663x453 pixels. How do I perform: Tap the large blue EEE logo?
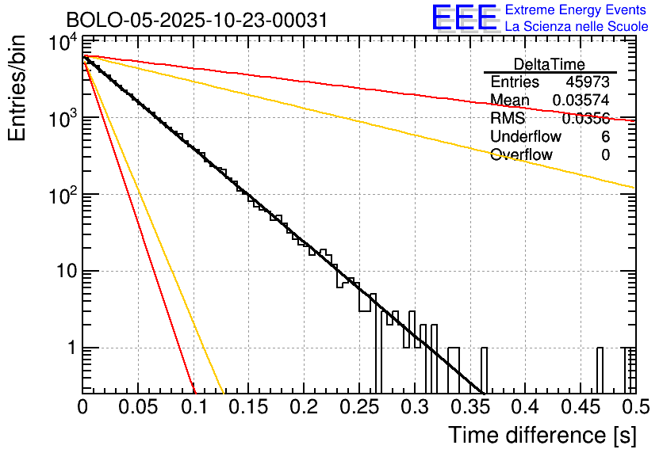click(x=464, y=18)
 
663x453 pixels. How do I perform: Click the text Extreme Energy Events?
click(x=576, y=10)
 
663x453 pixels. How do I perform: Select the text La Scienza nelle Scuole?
click(x=577, y=27)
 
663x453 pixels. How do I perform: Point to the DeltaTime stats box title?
click(x=550, y=64)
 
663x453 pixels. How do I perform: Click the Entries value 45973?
click(x=588, y=82)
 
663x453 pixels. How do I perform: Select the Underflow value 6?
click(x=605, y=137)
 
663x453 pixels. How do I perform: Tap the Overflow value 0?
click(x=605, y=155)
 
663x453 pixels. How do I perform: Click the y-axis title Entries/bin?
click(x=17, y=89)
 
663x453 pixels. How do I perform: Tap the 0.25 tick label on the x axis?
click(x=358, y=409)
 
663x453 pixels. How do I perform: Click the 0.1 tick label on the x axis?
click(x=194, y=409)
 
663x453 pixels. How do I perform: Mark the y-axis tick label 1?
click(x=69, y=348)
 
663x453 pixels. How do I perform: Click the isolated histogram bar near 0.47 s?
click(x=600, y=369)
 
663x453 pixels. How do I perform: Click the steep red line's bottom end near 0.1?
click(x=194, y=390)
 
